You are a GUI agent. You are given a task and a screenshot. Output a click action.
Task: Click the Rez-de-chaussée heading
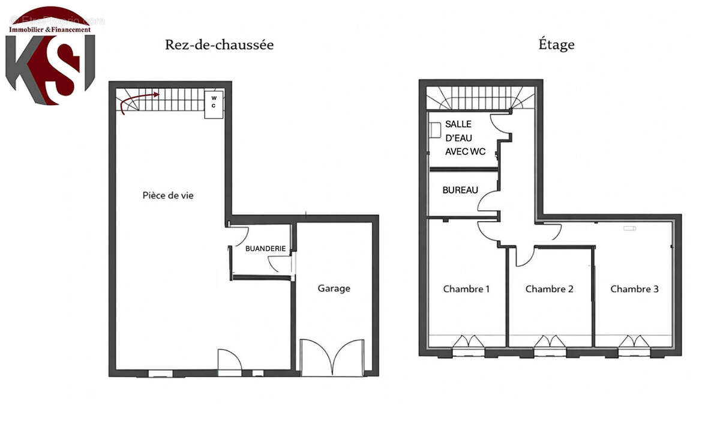(219, 45)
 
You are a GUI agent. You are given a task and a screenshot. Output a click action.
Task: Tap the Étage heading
(556, 45)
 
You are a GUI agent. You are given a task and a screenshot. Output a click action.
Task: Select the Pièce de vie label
(168, 195)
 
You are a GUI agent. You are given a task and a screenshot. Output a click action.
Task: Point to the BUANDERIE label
(264, 247)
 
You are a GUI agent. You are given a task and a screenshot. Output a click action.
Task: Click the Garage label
(334, 288)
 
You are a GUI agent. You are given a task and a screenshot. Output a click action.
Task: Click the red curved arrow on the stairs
(138, 101)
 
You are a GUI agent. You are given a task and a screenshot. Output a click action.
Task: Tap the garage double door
(332, 358)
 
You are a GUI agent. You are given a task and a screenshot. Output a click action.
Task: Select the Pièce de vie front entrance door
(229, 362)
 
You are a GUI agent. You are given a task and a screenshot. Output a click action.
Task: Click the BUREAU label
(460, 190)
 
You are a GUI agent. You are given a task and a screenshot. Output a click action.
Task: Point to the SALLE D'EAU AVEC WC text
(465, 138)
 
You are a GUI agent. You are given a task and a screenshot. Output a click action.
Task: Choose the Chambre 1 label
(466, 289)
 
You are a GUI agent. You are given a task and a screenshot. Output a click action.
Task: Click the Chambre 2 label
(549, 289)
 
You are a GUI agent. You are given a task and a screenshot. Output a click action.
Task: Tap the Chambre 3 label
(634, 289)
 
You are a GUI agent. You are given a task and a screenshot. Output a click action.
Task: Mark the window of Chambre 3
(634, 344)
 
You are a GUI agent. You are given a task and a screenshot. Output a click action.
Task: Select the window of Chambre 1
(467, 344)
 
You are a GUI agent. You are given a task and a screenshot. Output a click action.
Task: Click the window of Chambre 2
(550, 344)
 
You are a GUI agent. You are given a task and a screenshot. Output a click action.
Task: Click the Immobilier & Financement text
(50, 29)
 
